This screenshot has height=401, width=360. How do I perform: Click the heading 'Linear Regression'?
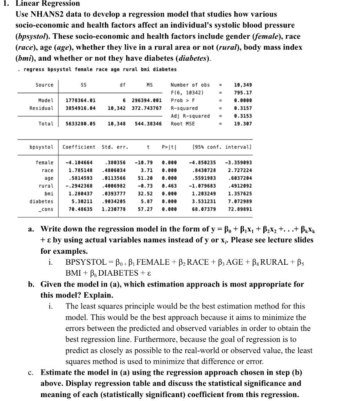pyautogui.click(x=47, y=4)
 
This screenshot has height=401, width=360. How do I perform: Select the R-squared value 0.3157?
pyautogui.click(x=242, y=108)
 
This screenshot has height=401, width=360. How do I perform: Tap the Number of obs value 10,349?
pyautogui.click(x=242, y=85)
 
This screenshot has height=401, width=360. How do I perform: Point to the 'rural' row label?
pyautogui.click(x=46, y=186)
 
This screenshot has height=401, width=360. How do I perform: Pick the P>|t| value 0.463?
pyautogui.click(x=169, y=186)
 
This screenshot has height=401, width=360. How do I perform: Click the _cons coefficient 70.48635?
pyautogui.click(x=80, y=209)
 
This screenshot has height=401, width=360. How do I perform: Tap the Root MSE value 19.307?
pyautogui.click(x=242, y=124)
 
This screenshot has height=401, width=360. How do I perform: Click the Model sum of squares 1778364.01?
pyautogui.click(x=80, y=101)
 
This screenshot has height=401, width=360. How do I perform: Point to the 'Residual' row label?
pyautogui.click(x=41, y=108)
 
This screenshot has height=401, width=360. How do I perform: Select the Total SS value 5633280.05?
pyautogui.click(x=80, y=124)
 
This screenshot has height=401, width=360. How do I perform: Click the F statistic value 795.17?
pyautogui.click(x=242, y=93)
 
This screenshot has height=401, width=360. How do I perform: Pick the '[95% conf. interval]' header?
pyautogui.click(x=222, y=147)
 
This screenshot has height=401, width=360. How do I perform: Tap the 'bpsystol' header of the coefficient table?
pyautogui.click(x=41, y=147)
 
